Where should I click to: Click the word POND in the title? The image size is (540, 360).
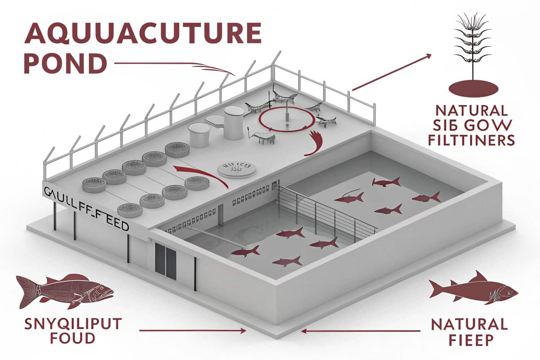(x=65, y=63)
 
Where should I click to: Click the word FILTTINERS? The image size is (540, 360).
(x=471, y=141)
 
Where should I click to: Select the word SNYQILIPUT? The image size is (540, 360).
(x=73, y=324)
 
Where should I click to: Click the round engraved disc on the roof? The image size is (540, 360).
(x=234, y=169)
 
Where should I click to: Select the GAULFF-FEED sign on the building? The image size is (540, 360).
(x=86, y=209)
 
